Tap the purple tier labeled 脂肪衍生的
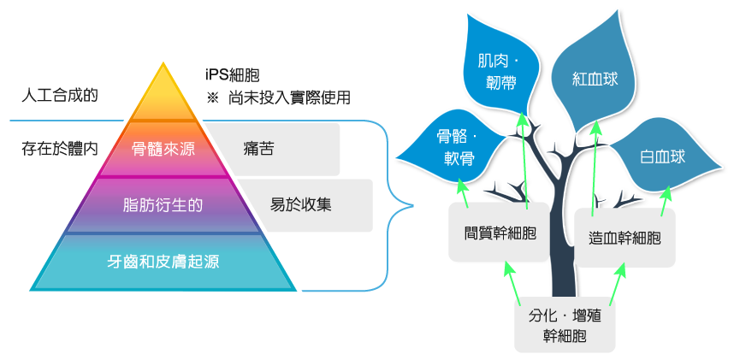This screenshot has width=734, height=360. tap(163, 205)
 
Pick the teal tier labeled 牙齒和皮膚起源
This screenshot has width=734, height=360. tap(163, 262)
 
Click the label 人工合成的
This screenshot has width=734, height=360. tap(59, 94)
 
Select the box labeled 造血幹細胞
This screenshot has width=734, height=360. tap(625, 238)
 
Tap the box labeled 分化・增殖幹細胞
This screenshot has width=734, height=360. tap(565, 326)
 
